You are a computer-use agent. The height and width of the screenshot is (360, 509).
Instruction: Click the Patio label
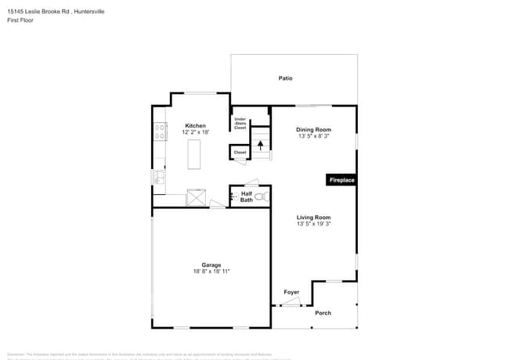click(286, 78)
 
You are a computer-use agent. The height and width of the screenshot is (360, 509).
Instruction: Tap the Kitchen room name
click(195, 126)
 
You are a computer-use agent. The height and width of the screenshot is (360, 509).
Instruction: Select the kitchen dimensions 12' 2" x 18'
click(195, 132)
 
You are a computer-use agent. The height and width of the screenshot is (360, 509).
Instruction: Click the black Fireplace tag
click(341, 181)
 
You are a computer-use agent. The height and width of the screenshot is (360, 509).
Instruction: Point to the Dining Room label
click(313, 129)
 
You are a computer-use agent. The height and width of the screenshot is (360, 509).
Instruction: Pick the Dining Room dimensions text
click(313, 136)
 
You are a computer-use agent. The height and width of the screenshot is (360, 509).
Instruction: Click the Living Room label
click(313, 217)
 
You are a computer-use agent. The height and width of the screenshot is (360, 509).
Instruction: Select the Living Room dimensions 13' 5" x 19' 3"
click(313, 224)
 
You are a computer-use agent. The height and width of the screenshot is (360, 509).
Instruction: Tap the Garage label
click(211, 265)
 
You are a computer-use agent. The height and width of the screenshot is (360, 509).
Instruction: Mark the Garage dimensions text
click(211, 272)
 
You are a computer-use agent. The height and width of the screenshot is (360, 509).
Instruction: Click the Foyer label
click(291, 292)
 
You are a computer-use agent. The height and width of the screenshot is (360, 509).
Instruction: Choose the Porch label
click(323, 313)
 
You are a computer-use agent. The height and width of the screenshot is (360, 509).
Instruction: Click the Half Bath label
click(246, 196)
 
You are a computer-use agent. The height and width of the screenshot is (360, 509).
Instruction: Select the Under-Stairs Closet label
click(240, 123)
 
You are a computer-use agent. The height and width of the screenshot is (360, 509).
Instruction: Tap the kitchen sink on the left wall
click(159, 178)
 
